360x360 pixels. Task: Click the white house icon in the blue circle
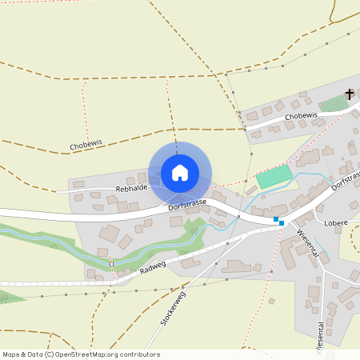click(179, 172)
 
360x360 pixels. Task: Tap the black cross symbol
click(349, 94)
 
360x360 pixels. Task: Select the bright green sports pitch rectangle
click(274, 177)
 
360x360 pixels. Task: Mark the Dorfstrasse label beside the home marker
click(188, 206)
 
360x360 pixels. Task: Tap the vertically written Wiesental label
click(320, 338)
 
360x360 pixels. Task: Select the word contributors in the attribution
click(142, 354)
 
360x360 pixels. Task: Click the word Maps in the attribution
click(11, 354)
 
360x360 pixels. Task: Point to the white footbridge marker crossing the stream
click(112, 262)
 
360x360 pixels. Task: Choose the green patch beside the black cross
click(333, 104)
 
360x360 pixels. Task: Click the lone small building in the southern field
click(271, 301)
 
